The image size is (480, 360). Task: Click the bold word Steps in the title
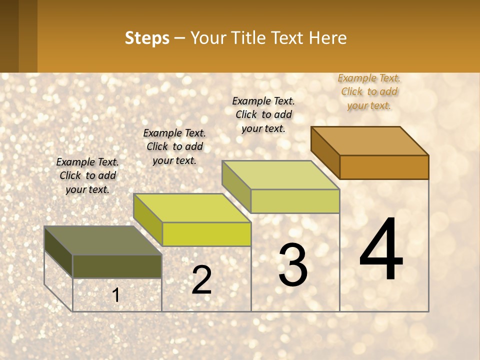coord(147,38)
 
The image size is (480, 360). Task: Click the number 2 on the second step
coord(201,280)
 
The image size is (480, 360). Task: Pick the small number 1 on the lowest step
coord(116,295)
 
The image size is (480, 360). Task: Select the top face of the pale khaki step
coord(281,175)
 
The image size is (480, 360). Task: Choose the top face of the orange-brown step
coord(370,141)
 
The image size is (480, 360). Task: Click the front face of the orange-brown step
coord(384,167)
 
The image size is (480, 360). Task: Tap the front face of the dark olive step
coord(117,266)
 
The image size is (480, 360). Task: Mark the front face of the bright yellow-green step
coord(206,234)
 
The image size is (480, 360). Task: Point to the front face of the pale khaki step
coord(295,201)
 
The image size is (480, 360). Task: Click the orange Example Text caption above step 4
coord(369,91)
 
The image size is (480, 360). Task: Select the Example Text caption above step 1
coord(87,175)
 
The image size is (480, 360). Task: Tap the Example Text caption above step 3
coord(263,114)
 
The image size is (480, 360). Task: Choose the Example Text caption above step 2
coord(174,146)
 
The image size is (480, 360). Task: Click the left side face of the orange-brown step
coord(325,152)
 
